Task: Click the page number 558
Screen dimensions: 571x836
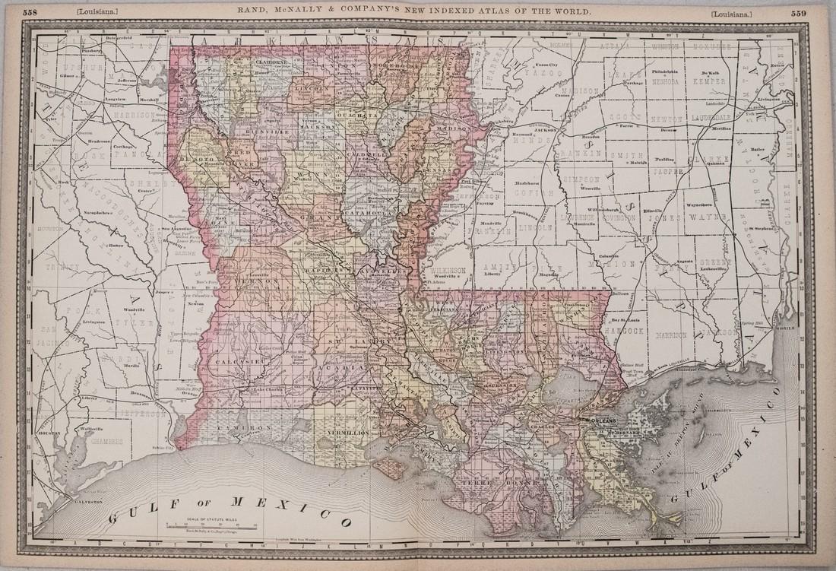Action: pos(33,12)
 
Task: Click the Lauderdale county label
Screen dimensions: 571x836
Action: pos(711,118)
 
